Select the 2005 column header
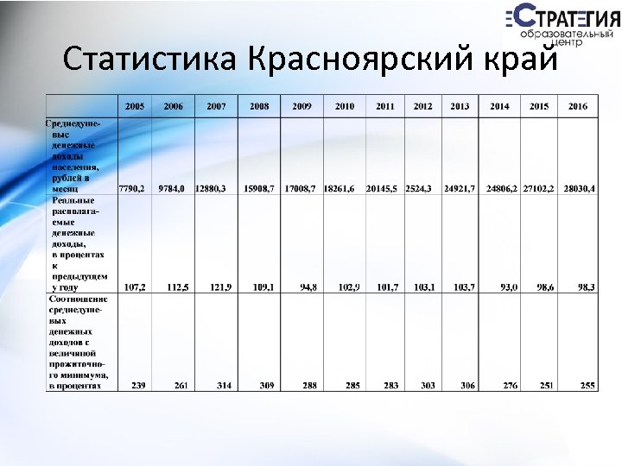click(135, 106)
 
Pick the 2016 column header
click(578, 106)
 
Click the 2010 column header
click(345, 106)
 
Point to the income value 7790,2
click(132, 188)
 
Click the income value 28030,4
click(580, 188)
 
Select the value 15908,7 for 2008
click(259, 188)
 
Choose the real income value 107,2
click(135, 287)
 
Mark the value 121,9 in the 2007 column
click(219, 287)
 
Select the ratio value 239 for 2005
click(138, 385)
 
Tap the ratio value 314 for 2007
click(223, 385)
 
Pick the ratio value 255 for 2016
click(587, 385)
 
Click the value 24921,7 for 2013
click(460, 188)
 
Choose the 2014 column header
click(499, 106)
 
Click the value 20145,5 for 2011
click(381, 188)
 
